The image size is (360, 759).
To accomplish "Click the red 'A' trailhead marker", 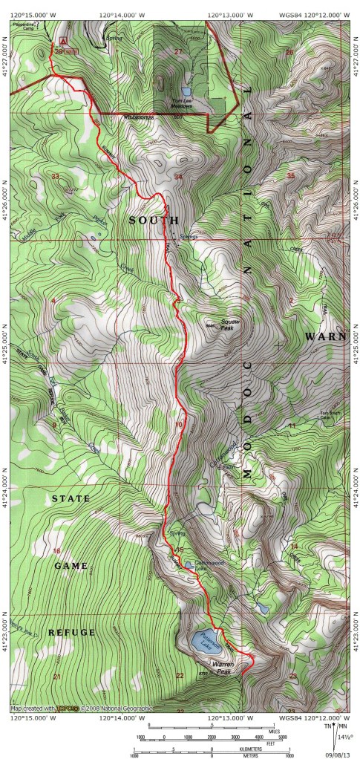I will (64, 42).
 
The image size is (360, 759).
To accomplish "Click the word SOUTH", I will (154, 221).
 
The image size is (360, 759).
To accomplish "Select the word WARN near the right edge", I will (325, 336).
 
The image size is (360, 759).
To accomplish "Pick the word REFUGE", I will (72, 633).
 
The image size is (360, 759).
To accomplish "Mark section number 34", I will (178, 177).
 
